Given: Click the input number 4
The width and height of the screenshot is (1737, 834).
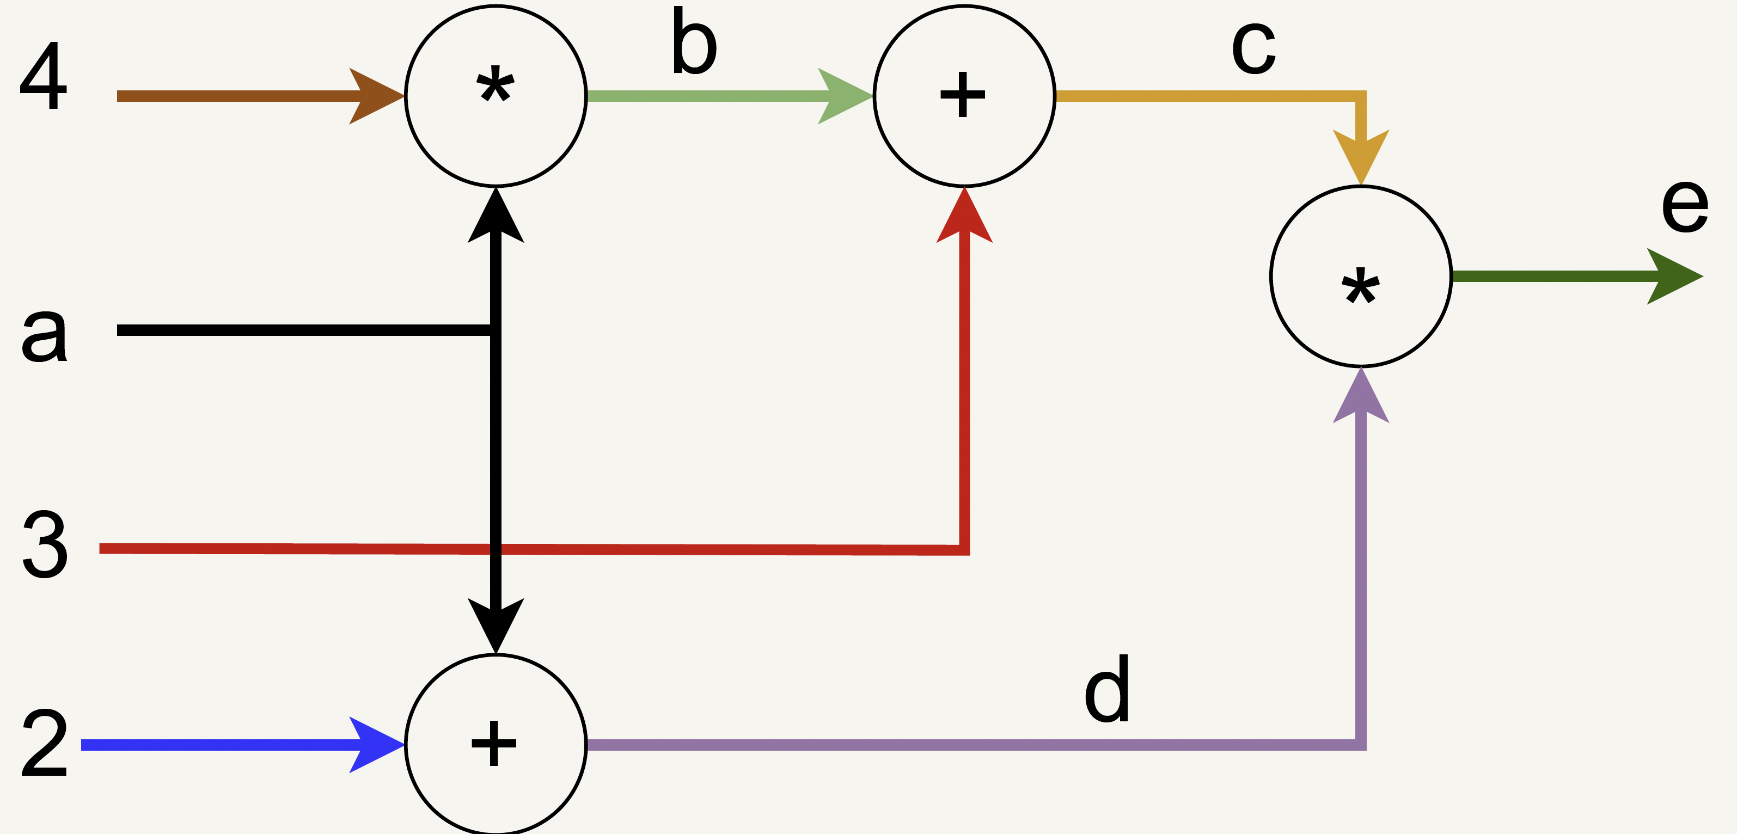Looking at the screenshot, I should tap(44, 76).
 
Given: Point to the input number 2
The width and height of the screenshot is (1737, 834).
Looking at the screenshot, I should tap(45, 744).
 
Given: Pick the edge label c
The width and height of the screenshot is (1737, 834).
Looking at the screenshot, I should tap(1253, 48).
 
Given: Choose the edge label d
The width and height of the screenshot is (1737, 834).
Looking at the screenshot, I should tap(1106, 689).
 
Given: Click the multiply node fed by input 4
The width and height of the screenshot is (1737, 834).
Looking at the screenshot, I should tap(496, 96).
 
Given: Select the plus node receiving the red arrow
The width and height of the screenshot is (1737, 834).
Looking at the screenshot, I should tap(964, 96).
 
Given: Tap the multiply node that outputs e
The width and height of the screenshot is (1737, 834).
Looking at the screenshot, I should tap(1361, 277).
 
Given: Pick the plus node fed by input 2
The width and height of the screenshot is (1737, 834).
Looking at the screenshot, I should tap(496, 744).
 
